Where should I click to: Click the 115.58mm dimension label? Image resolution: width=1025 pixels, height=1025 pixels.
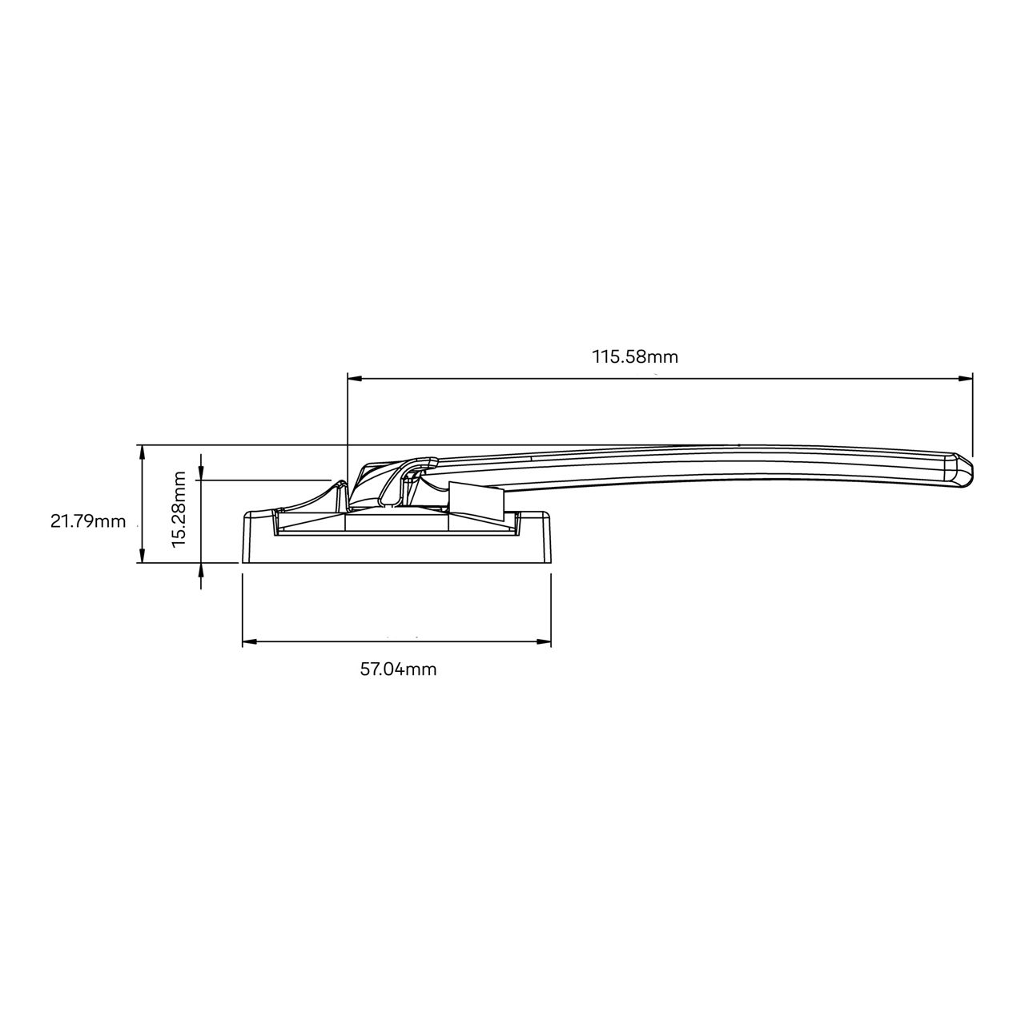[635, 356]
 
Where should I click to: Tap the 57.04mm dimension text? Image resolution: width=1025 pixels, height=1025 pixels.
[398, 669]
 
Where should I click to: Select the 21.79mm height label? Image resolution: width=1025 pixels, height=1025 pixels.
[88, 521]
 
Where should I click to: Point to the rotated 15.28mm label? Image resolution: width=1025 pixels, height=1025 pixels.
[179, 509]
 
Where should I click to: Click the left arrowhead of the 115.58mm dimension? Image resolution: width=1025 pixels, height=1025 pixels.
[355, 378]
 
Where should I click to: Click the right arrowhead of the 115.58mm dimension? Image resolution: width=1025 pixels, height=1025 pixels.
[965, 378]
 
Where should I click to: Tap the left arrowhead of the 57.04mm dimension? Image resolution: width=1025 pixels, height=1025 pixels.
[250, 642]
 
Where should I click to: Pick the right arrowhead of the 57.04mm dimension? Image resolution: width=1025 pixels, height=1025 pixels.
[544, 642]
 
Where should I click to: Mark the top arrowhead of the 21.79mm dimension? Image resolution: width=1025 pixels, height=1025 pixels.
[142, 452]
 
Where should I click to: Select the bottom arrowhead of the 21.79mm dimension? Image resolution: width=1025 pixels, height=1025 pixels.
[142, 555]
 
